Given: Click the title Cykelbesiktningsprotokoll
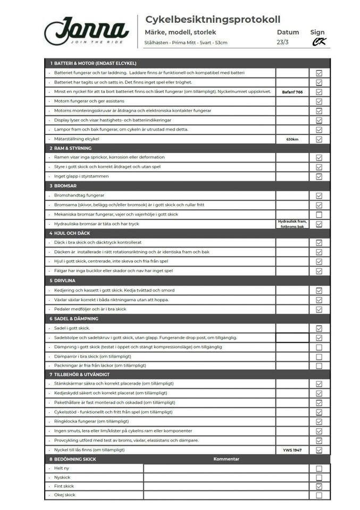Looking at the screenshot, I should pyautogui.click(x=213, y=20).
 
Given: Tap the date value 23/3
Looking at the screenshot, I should pyautogui.click(x=283, y=42).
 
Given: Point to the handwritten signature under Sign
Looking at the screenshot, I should pyautogui.click(x=319, y=42).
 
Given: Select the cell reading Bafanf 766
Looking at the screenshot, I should pyautogui.click(x=292, y=92).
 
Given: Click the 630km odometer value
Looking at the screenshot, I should pyautogui.click(x=292, y=139).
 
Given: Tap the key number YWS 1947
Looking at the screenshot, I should pyautogui.click(x=292, y=450).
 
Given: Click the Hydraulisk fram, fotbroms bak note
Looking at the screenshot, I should pyautogui.click(x=292, y=224).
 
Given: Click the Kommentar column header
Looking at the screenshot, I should pyautogui.click(x=227, y=459).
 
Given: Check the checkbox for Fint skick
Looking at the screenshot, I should pyautogui.click(x=319, y=486).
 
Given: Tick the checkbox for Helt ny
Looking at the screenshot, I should pyautogui.click(x=319, y=469).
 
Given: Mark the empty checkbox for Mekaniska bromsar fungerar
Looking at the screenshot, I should pyautogui.click(x=319, y=215).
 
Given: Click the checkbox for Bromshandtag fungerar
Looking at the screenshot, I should pyautogui.click(x=319, y=195).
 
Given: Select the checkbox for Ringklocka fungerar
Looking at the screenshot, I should pyautogui.click(x=319, y=421).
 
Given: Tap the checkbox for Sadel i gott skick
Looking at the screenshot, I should pyautogui.click(x=319, y=328).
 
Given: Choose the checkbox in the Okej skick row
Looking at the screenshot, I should pyautogui.click(x=319, y=495).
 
